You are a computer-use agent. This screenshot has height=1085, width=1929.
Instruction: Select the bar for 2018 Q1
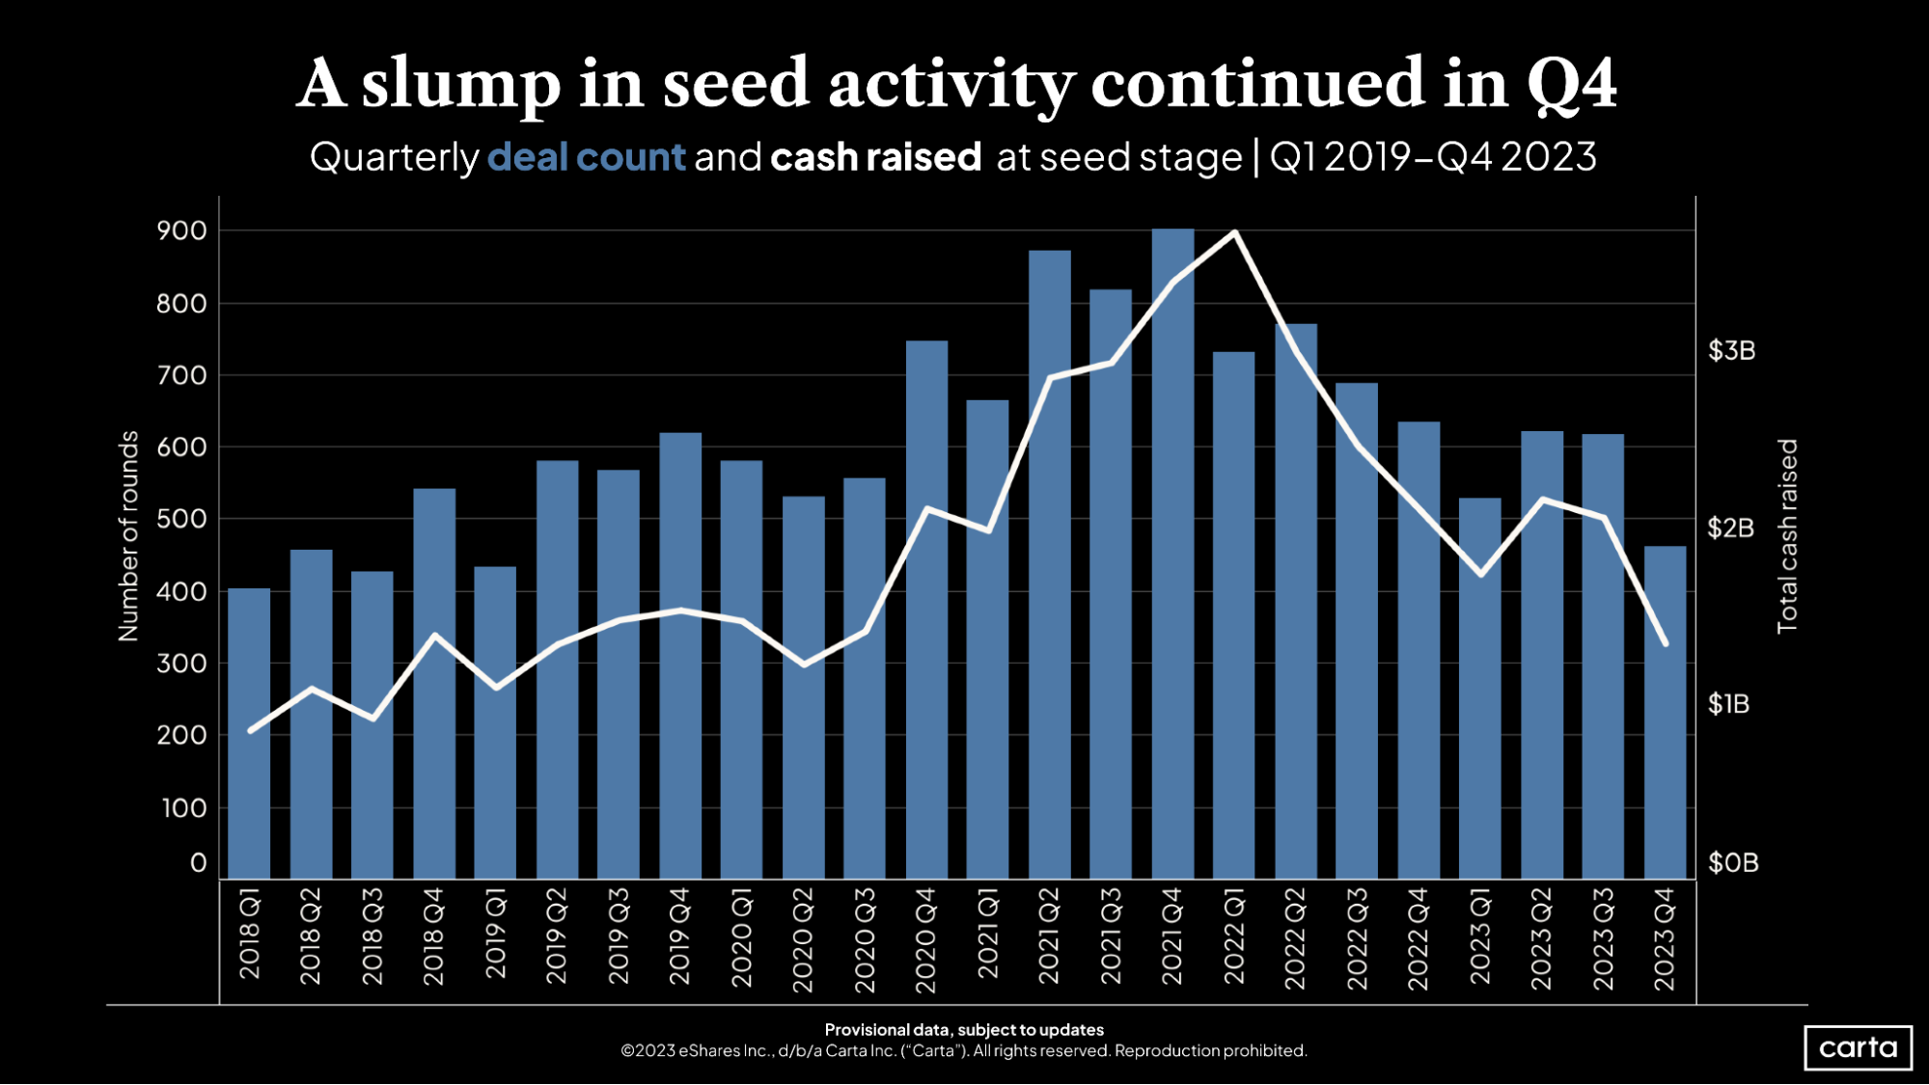(249, 733)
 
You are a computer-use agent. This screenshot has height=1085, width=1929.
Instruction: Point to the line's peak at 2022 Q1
(1234, 232)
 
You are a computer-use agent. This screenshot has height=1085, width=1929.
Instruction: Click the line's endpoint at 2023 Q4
(1665, 643)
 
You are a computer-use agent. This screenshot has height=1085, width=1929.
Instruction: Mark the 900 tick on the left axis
(181, 231)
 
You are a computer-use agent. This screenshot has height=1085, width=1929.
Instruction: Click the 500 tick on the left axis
(181, 519)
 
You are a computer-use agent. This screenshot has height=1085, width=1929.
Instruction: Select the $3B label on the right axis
(1731, 350)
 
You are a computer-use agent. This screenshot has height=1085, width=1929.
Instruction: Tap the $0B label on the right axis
(1732, 862)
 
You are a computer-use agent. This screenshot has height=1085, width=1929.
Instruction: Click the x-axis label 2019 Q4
(679, 936)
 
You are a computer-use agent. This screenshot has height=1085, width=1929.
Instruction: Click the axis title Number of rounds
(128, 536)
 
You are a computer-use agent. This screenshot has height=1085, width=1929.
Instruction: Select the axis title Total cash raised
(1787, 536)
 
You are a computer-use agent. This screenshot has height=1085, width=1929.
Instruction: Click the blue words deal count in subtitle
(586, 157)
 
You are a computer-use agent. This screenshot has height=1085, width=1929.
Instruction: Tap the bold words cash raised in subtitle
(875, 157)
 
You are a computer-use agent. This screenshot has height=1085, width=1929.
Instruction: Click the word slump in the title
(460, 85)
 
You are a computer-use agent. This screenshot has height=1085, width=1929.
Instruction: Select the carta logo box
(1858, 1047)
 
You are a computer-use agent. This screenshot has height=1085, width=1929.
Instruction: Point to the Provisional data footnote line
(964, 1030)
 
